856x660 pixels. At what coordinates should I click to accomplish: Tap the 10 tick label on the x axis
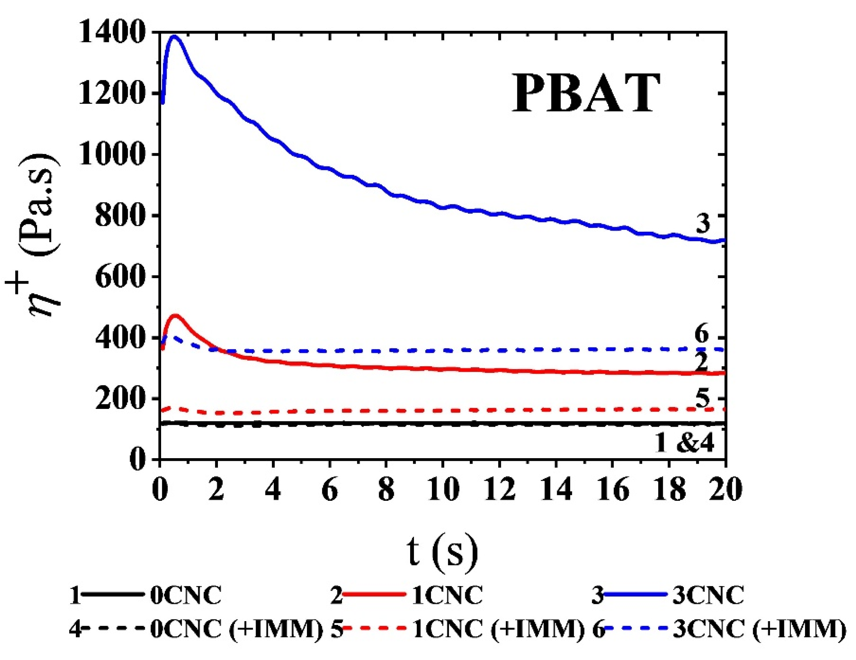click(443, 490)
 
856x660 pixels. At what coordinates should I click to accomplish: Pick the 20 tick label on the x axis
click(725, 490)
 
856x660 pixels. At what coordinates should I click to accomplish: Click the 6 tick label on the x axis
click(330, 490)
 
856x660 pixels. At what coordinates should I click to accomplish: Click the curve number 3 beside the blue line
click(703, 223)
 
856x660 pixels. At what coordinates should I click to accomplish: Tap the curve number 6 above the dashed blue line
click(701, 335)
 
